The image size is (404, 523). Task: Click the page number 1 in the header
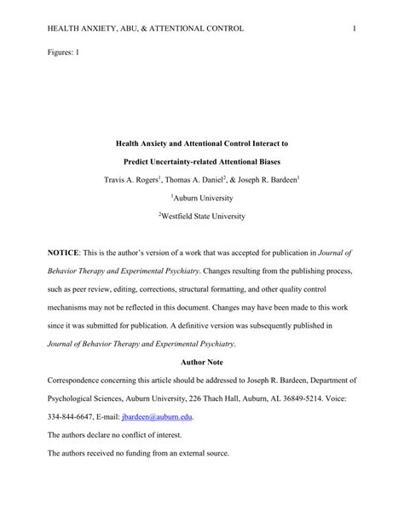coord(353,29)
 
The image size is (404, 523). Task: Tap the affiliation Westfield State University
coord(202,217)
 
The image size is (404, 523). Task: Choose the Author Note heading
coord(201,363)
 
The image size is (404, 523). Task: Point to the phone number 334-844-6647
coord(72,417)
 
